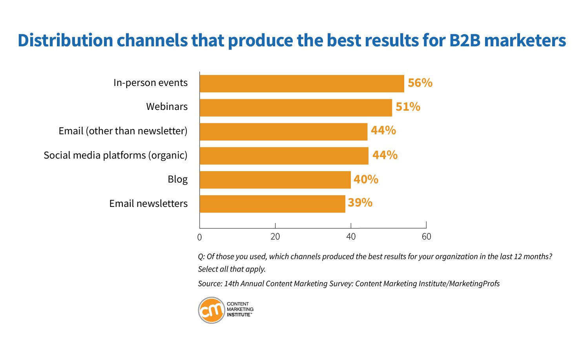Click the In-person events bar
302,84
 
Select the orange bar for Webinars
296,108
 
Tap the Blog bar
275,180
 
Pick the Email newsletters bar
272,204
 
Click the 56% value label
420,83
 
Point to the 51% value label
408,107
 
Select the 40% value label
366,179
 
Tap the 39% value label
360,203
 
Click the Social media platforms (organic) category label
116,155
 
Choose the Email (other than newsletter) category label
123,131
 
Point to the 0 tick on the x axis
199,237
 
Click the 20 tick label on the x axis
275,237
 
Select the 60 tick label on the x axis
426,237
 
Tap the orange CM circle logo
212,311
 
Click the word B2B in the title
465,40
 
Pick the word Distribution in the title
65,40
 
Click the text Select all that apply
232,269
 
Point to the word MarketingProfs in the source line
474,283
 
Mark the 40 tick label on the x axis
351,237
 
